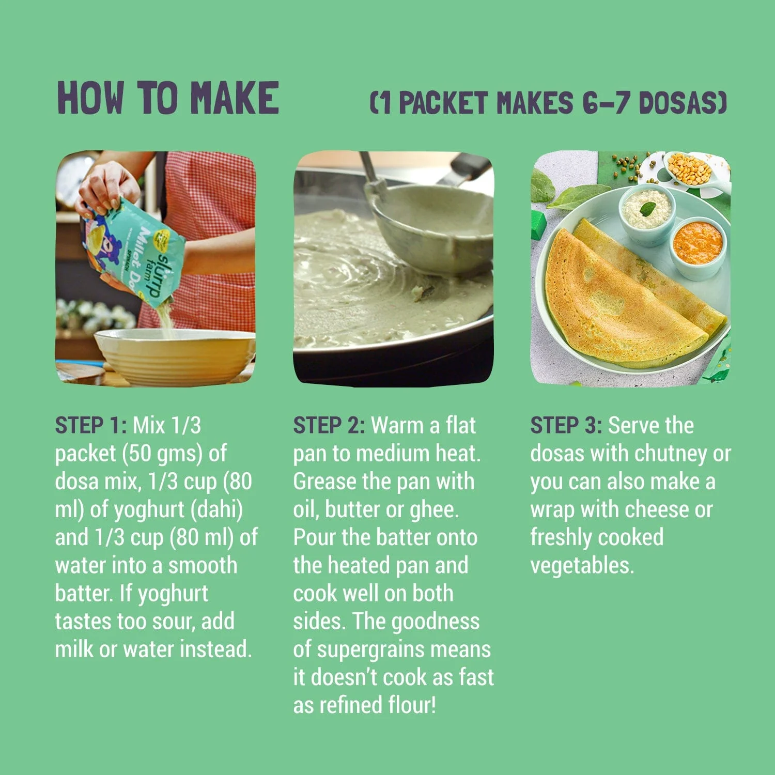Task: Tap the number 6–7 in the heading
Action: point(606,102)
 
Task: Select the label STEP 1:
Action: point(91,426)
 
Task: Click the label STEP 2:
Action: point(329,426)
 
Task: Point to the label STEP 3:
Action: point(566,426)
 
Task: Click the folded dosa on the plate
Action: point(633,295)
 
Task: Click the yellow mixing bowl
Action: point(175,357)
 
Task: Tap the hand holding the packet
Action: point(106,189)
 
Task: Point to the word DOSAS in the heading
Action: point(682,102)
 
